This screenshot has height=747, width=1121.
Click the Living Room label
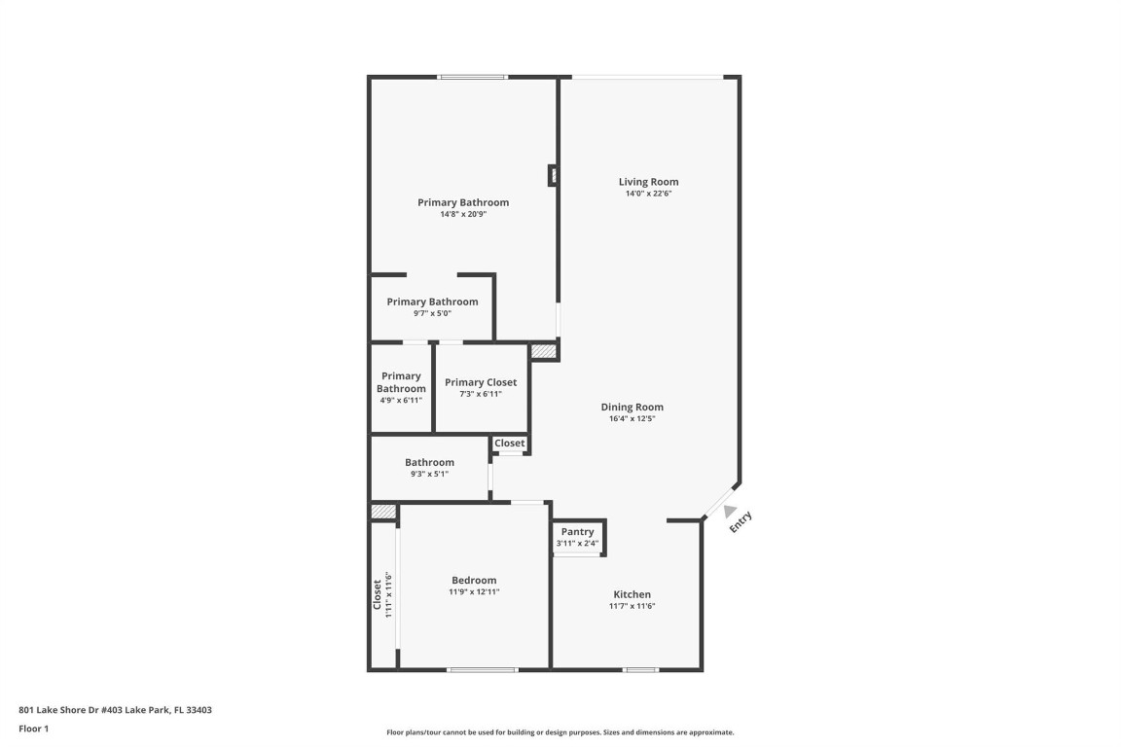click(648, 182)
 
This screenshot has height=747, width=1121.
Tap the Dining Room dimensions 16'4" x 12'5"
click(632, 419)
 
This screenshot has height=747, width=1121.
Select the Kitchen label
click(632, 594)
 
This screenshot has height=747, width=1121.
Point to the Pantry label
click(577, 532)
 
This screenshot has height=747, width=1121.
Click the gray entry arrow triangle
click(730, 511)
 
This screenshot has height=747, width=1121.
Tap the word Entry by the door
click(741, 522)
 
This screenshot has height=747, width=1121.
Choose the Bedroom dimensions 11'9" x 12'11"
click(474, 591)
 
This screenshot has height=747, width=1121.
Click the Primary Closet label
click(481, 382)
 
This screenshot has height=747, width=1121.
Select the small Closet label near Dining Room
click(509, 444)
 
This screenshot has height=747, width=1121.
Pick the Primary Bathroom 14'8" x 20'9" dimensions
click(463, 214)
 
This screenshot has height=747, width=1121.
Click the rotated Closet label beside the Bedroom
click(378, 594)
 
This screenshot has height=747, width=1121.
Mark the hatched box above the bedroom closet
click(383, 512)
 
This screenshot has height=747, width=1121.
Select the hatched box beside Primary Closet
click(543, 351)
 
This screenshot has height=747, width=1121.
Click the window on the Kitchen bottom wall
click(640, 669)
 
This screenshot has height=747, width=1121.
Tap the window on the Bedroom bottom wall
click(482, 669)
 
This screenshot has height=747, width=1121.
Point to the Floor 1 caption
click(33, 728)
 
